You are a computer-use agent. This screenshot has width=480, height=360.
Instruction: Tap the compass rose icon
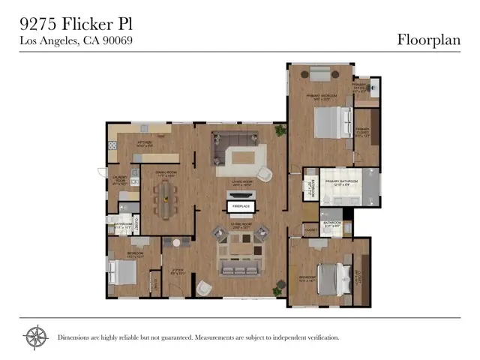click(x=35, y=337)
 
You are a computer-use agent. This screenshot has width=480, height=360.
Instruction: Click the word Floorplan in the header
click(x=428, y=40)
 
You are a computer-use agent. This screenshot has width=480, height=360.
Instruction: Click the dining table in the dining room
click(x=163, y=199)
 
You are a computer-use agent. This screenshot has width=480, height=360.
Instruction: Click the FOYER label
click(x=178, y=271)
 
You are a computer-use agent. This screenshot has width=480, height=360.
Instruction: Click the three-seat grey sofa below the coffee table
click(x=240, y=264)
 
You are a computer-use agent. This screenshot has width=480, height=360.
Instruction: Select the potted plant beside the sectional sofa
click(x=280, y=130)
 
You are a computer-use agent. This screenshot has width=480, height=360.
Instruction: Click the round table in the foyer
click(x=177, y=243)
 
